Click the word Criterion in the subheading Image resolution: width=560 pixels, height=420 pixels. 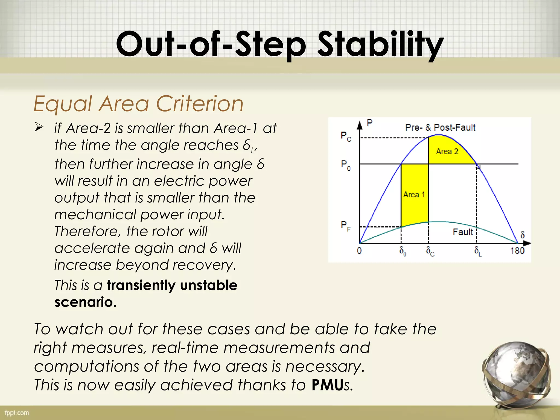click(200, 104)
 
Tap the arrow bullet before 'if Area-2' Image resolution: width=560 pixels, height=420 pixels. click(39, 127)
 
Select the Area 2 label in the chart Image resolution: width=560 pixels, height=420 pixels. click(447, 151)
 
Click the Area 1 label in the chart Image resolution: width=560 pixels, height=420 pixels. click(414, 194)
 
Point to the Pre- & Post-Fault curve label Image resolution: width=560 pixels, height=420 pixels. click(440, 127)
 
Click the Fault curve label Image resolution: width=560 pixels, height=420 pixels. click(463, 232)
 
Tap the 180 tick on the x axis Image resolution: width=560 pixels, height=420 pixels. click(517, 250)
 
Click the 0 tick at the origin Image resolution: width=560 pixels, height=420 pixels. click(359, 250)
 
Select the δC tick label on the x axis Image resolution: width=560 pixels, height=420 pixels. click(430, 251)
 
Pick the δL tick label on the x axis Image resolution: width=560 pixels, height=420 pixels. click(478, 251)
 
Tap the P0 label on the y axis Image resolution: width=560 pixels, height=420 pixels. click(346, 165)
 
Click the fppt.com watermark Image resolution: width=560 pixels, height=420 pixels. click(17, 413)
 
